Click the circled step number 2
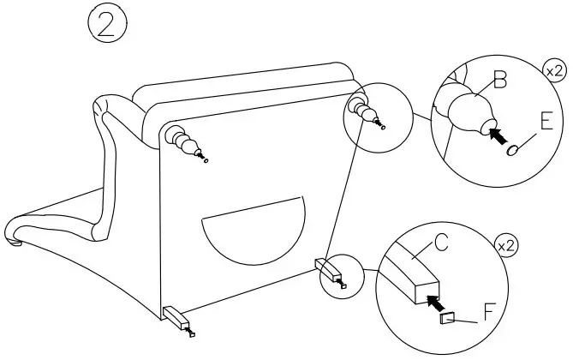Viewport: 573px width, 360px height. (x=108, y=25)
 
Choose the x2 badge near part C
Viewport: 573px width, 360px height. (x=507, y=247)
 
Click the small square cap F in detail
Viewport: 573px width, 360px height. (x=446, y=318)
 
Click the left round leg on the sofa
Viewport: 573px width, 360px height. (x=182, y=140)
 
